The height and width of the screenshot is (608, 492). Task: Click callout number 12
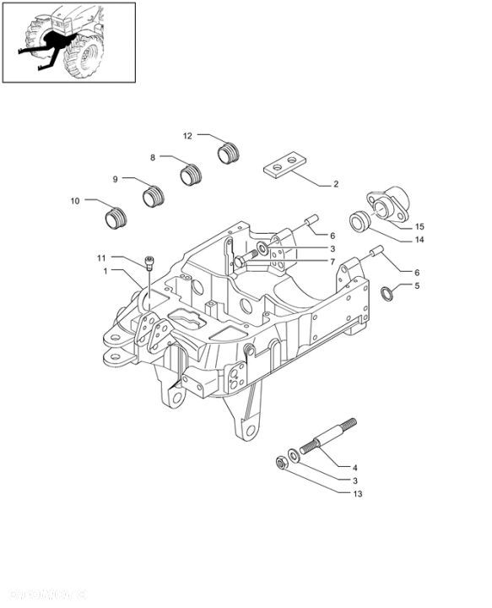click(188, 135)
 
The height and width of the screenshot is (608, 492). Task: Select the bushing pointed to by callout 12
click(229, 153)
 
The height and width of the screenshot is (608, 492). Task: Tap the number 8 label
click(153, 157)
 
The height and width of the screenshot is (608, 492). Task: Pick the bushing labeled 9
click(154, 198)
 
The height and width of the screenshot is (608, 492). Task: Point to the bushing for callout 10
click(116, 220)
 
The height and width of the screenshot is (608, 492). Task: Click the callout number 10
click(74, 201)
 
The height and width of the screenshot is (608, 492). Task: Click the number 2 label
click(335, 183)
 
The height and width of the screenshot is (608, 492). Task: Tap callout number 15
click(419, 226)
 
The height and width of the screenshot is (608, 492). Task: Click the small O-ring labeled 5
click(387, 293)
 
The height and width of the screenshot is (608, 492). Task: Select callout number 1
click(105, 271)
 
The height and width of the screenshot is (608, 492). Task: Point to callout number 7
click(333, 262)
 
